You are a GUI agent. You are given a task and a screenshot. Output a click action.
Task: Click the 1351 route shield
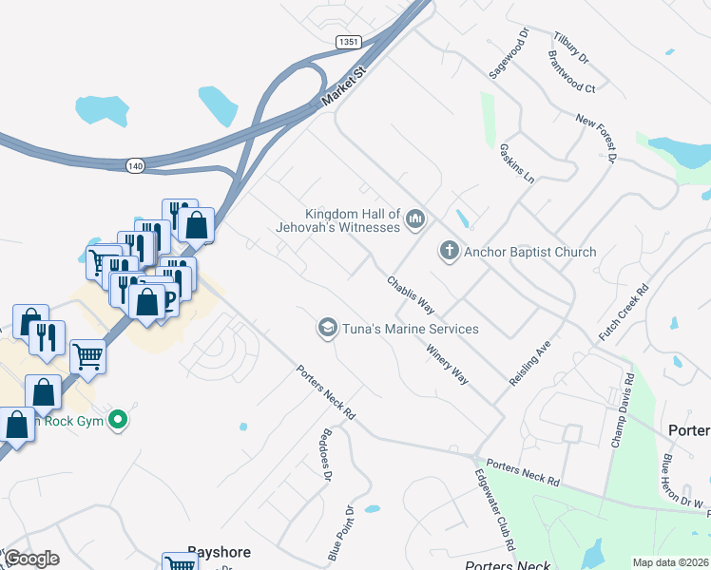[x=348, y=42]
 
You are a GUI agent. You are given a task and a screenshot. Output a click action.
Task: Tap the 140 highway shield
[x=135, y=165]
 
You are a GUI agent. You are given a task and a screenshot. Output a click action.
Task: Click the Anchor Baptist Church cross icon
[x=449, y=252]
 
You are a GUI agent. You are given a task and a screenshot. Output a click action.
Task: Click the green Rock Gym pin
[x=118, y=418]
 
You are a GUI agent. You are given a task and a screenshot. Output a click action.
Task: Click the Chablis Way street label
[x=411, y=295]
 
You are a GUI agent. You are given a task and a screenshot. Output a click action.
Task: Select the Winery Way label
[x=447, y=364]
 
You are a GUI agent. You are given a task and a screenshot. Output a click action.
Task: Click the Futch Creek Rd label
[x=624, y=312]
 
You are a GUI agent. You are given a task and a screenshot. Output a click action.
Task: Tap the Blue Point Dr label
[x=341, y=531]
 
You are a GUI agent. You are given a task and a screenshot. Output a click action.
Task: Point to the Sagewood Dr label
[x=507, y=59]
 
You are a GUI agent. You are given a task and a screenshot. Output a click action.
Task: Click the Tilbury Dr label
[x=570, y=47]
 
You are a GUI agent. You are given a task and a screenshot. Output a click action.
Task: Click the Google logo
[x=31, y=559]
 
